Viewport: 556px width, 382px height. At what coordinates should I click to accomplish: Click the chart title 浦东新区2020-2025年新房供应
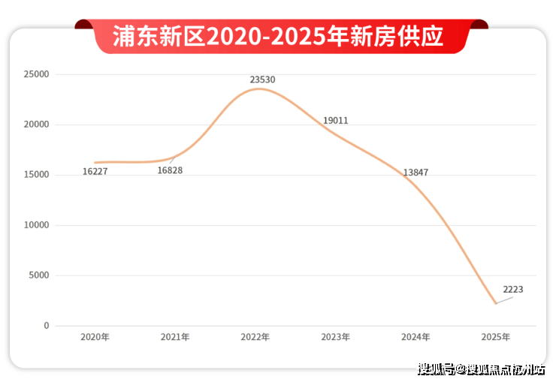278,37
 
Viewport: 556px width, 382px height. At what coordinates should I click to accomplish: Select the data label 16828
170,170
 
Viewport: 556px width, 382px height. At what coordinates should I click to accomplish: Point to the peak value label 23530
262,79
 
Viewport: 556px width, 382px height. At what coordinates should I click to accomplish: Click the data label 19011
336,121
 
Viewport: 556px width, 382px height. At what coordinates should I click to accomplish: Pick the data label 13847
415,173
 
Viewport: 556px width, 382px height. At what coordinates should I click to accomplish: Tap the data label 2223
513,290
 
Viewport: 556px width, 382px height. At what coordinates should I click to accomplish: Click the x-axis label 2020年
95,337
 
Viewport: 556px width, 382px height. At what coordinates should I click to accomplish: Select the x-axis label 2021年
175,337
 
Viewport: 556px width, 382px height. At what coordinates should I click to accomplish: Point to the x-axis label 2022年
255,337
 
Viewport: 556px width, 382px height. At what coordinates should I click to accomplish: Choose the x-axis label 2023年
335,337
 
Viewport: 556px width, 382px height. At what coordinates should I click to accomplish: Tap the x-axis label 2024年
415,337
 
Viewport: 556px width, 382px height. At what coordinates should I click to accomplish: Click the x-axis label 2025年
495,337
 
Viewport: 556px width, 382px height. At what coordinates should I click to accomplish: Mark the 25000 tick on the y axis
36,74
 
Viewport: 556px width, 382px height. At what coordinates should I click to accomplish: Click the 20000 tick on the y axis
36,125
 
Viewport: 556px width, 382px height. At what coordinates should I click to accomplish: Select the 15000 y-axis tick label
36,175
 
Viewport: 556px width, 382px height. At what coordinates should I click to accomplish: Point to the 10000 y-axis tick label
36,225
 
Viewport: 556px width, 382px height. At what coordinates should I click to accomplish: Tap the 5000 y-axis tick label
38,275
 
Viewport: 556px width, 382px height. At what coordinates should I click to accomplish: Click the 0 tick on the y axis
46,326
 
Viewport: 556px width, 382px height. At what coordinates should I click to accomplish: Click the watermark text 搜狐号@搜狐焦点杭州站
482,368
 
